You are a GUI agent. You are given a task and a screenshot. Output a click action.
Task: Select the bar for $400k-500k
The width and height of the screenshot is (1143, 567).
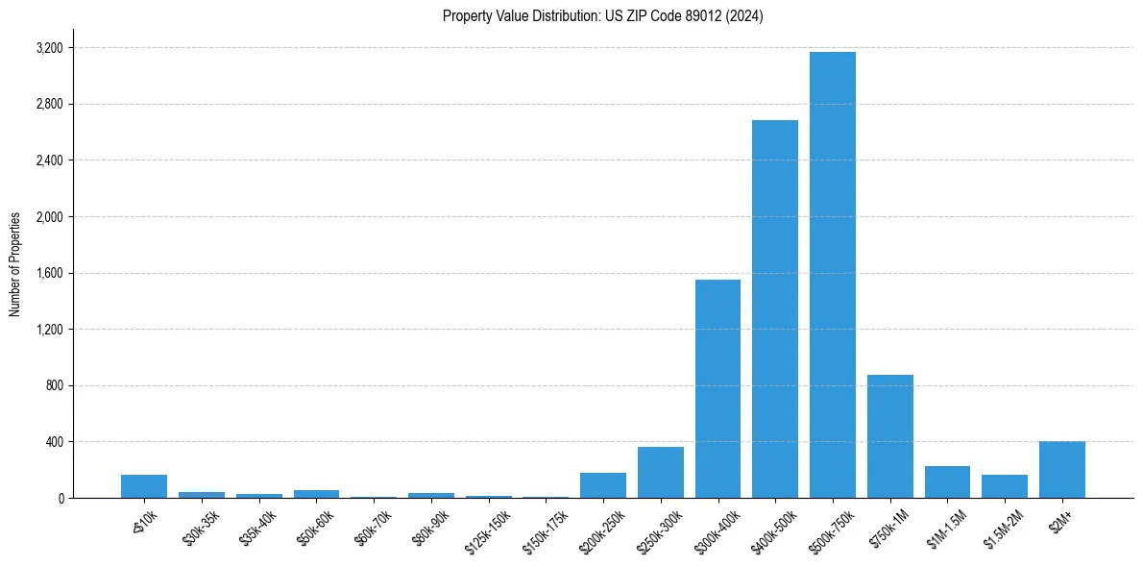point(774,308)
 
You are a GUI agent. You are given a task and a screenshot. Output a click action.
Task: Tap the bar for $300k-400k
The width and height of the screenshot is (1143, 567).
point(717,388)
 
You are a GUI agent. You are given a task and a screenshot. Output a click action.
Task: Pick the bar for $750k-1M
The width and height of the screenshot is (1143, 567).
point(889,436)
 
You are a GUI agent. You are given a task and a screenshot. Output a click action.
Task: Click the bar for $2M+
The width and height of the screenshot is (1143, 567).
point(1061,470)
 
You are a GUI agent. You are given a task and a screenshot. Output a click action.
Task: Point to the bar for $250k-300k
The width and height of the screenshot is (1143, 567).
point(660,472)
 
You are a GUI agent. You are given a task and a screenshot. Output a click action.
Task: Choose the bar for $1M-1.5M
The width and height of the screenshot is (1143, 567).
point(947,481)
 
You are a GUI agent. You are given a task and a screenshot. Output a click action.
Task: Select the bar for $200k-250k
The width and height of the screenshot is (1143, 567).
point(602,485)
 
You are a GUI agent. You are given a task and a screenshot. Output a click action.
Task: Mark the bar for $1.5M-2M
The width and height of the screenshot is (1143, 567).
point(1005,486)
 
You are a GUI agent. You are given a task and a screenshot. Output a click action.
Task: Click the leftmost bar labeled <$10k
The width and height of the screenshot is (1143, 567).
point(144,486)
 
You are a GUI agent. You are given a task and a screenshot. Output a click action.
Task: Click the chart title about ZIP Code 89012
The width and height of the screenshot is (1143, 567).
point(602,16)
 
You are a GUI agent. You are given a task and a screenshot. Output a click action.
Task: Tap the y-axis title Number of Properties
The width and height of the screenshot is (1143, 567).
point(15,264)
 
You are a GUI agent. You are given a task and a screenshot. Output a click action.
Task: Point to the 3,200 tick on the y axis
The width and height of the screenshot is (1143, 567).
point(49,48)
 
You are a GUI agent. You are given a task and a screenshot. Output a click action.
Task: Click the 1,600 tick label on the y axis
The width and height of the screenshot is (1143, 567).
point(49,273)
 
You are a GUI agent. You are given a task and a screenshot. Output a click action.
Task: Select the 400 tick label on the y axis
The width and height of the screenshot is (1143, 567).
point(53,442)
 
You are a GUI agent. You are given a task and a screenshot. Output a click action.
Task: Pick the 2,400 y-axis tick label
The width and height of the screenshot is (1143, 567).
point(49,160)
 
